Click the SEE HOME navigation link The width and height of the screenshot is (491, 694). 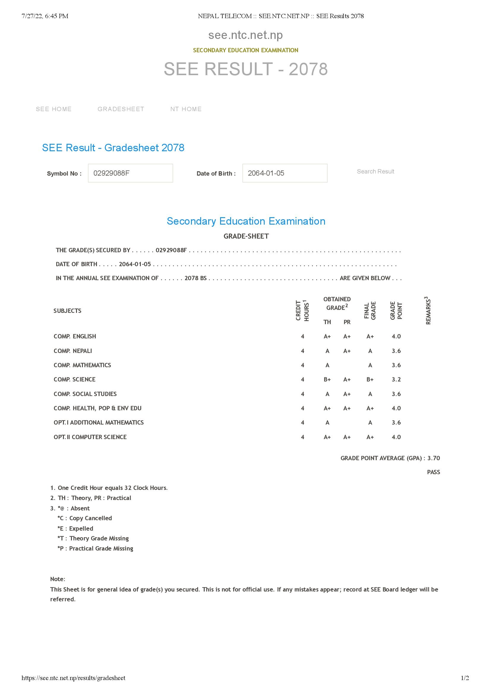coord(53,109)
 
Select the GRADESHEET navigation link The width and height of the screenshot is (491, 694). coord(121,109)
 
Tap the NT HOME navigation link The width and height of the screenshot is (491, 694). coord(186,109)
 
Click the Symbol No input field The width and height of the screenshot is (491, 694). coord(130,173)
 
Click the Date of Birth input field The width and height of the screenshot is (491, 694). coord(285,173)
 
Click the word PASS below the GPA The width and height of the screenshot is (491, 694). coord(433,472)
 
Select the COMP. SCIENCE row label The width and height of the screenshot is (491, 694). coord(74,379)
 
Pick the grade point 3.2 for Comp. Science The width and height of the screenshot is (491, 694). coord(396,379)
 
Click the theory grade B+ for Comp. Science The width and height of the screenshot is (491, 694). coord(327,379)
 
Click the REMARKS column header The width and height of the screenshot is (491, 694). coord(428,310)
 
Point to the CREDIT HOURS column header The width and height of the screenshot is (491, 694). coord(302,310)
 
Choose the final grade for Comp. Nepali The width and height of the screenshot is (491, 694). coord(370,351)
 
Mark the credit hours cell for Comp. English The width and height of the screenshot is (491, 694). coord(302,336)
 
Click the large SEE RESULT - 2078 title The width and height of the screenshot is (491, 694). coord(245,69)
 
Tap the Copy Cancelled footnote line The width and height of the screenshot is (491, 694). coord(85,518)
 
